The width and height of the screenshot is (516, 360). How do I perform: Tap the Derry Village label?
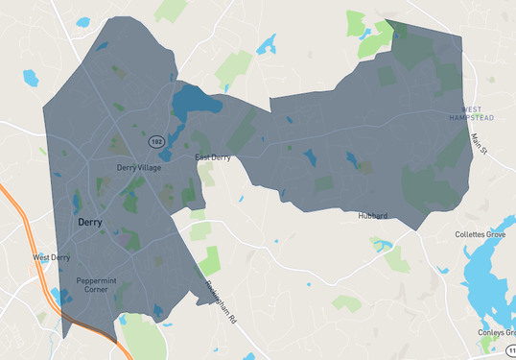tap(139, 167)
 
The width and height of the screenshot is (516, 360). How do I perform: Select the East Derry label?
tap(214, 156)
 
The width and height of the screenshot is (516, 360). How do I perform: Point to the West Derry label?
tap(52, 257)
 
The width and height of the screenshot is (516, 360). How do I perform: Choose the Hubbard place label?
tap(373, 216)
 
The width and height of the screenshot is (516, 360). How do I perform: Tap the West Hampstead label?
tap(472, 113)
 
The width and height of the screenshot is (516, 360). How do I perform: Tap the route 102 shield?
tap(155, 141)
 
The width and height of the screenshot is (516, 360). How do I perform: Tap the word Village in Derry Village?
tap(149, 167)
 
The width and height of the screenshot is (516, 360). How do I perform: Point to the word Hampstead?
tap(472, 117)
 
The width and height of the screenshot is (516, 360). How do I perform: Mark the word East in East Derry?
tap(202, 156)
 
